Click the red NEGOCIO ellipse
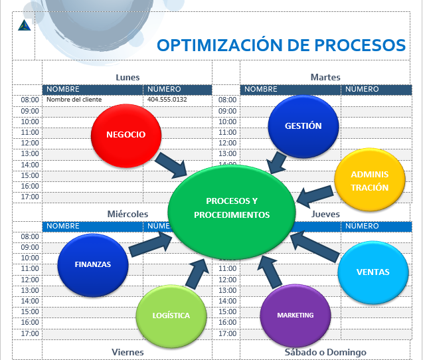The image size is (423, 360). point(126,134)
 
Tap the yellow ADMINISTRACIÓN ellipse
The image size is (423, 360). point(370,180)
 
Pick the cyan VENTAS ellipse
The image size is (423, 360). point(373,272)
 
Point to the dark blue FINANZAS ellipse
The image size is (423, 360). point(92,264)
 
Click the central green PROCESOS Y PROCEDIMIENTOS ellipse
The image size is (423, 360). point(228,208)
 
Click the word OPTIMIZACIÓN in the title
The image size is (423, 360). point(222,45)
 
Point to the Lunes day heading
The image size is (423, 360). point(127,77)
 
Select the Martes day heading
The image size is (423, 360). point(325,77)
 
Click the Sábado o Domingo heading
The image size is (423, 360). point(325,352)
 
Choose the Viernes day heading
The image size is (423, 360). point(127,352)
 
